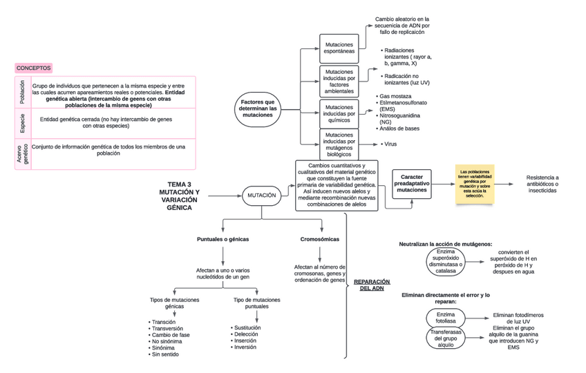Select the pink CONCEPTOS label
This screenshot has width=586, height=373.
coord(34,68)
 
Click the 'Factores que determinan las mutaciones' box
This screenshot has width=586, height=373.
coord(258,109)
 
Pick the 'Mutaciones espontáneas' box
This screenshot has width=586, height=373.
coord(339,47)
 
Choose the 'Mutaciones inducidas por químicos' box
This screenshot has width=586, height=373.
coord(339,113)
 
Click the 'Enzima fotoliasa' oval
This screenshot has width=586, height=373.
coord(446,318)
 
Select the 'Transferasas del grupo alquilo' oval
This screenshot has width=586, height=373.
coord(446,338)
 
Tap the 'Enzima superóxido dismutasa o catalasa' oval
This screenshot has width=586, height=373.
coord(446,262)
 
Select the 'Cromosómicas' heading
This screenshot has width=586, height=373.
coord(320,239)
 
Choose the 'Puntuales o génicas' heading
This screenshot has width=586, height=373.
coord(223,239)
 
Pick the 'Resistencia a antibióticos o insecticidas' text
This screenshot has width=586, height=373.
coord(542,184)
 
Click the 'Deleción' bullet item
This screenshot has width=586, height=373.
coord(246,334)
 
